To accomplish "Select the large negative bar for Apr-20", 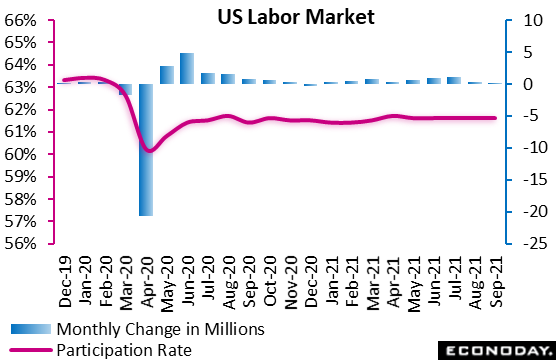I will coord(146,149).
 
